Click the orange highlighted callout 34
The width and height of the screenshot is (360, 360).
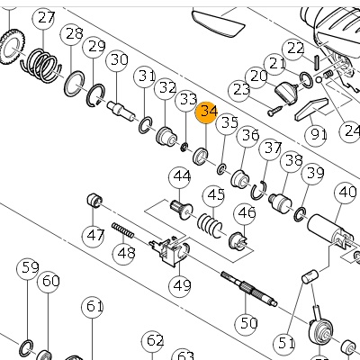pos(206,112)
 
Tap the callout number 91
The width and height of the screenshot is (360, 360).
pos(316,136)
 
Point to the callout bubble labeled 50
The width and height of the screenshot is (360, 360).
pos(247,324)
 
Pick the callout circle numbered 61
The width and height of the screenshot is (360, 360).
pos(93,307)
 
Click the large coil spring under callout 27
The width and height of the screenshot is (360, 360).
pos(41,65)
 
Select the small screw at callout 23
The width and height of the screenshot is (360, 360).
pos(275,110)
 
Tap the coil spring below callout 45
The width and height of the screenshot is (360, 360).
pos(210,225)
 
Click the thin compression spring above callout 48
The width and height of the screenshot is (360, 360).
pos(123,230)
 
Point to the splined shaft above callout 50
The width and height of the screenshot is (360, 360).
pos(249,290)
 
